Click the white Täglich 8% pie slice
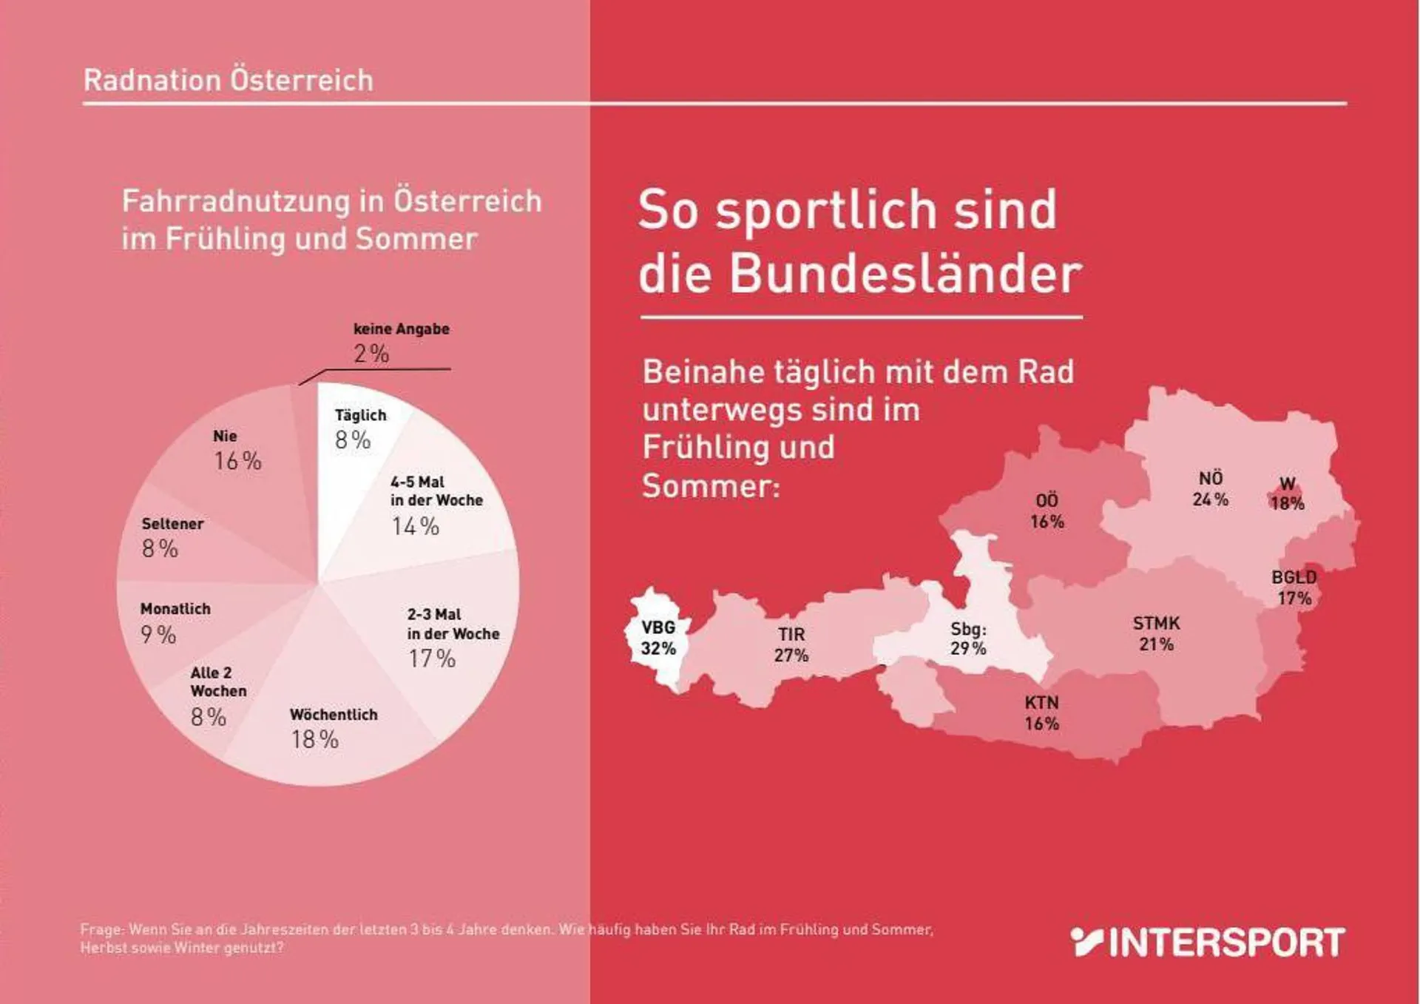[348, 474]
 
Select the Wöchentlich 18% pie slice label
[333, 728]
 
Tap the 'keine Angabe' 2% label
[401, 343]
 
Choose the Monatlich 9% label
[175, 622]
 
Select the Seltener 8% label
[172, 537]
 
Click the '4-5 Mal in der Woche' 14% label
[436, 505]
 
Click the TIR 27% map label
[791, 644]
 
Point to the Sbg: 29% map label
[968, 639]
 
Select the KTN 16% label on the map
[1041, 712]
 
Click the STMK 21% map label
[1156, 633]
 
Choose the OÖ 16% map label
[1047, 511]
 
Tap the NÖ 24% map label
[1210, 488]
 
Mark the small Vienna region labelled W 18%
[1287, 494]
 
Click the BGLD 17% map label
[1294, 587]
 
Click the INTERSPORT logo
[1207, 942]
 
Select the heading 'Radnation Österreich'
[228, 80]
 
